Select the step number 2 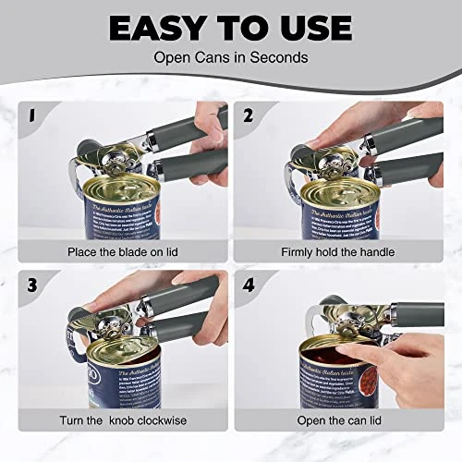(x=248, y=116)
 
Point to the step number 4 (x=248, y=285)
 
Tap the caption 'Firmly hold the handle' (x=338, y=251)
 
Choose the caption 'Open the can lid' (x=338, y=421)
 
